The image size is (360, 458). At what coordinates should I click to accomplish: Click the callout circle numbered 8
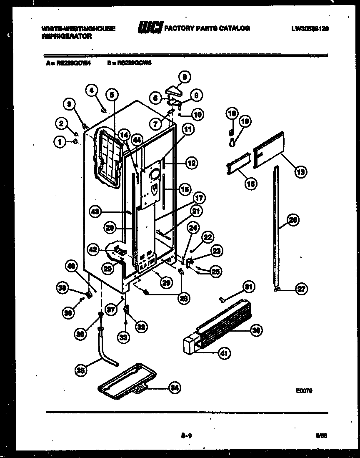coord(184,77)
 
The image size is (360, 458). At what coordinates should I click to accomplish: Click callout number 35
coord(82,369)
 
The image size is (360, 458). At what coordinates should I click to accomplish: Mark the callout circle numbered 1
coord(60,142)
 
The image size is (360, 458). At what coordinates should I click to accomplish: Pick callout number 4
coord(92,89)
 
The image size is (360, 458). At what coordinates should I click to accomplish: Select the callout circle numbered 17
coord(199,198)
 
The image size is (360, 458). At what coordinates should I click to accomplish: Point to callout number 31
coord(249,287)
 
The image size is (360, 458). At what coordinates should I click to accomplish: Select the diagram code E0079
coord(305,391)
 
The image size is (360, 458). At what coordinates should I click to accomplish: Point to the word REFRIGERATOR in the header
coord(67,36)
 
